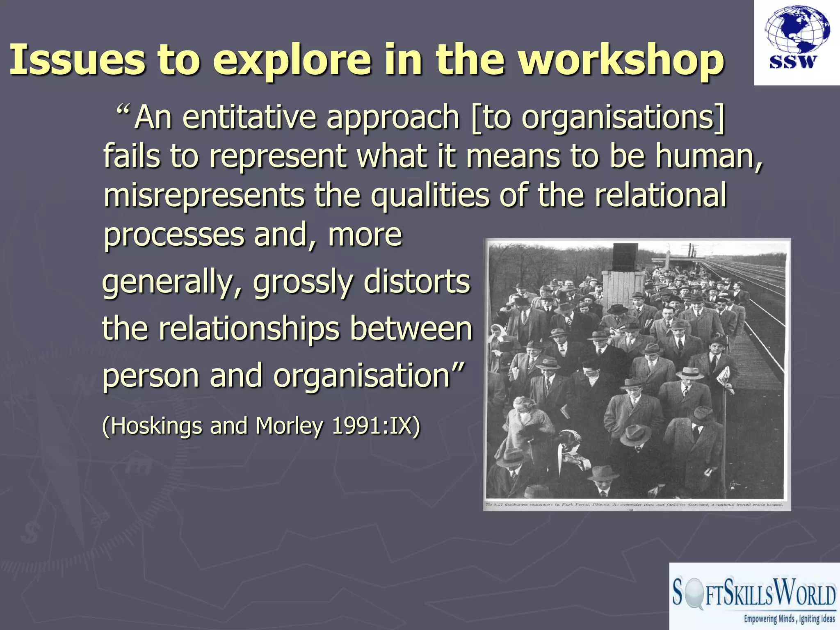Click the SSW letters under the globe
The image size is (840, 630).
coord(793,62)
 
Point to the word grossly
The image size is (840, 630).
coord(303,282)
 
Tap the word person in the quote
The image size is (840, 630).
coord(151,376)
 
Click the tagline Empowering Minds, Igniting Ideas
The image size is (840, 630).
coord(789,619)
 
